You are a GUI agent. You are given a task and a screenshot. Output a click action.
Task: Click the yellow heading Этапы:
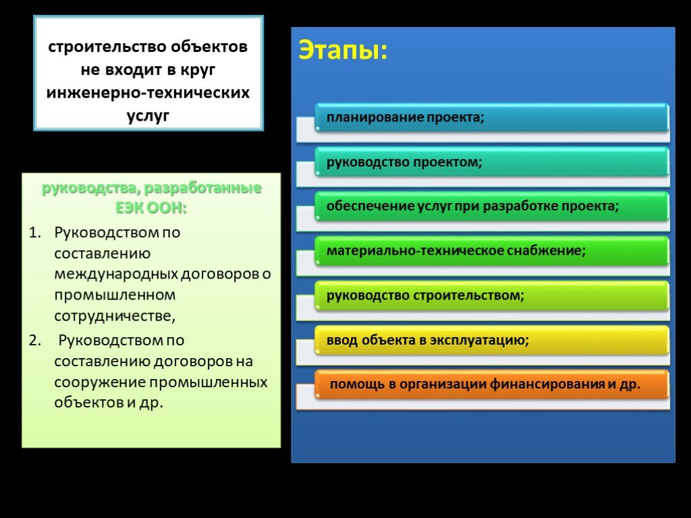(343, 50)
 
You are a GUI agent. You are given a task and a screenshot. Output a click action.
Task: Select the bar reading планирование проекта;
(492, 117)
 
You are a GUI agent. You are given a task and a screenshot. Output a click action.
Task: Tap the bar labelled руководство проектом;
(492, 162)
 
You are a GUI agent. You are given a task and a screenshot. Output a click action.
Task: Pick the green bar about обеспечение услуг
(492, 206)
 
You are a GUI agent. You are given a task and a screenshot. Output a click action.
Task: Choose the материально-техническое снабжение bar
(492, 251)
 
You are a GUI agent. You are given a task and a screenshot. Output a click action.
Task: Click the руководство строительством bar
(492, 295)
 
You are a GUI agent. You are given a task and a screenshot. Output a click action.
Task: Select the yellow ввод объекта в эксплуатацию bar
(492, 340)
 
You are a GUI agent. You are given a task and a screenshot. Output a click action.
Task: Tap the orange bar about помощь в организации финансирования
(492, 384)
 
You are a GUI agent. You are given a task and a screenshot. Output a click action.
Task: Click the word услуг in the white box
(148, 116)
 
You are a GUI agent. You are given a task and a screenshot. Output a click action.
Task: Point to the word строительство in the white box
(107, 47)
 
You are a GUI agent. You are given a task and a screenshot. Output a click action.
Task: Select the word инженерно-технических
(148, 92)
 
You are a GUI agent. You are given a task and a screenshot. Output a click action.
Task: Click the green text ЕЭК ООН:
(151, 208)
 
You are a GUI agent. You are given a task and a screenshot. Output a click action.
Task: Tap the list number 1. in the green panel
(35, 233)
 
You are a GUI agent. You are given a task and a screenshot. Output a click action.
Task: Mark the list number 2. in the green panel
(35, 341)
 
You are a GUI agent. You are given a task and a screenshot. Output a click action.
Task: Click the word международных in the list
(116, 274)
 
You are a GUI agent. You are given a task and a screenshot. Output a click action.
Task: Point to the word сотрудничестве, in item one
(115, 316)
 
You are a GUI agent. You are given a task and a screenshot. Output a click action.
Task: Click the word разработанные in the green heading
(202, 188)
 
